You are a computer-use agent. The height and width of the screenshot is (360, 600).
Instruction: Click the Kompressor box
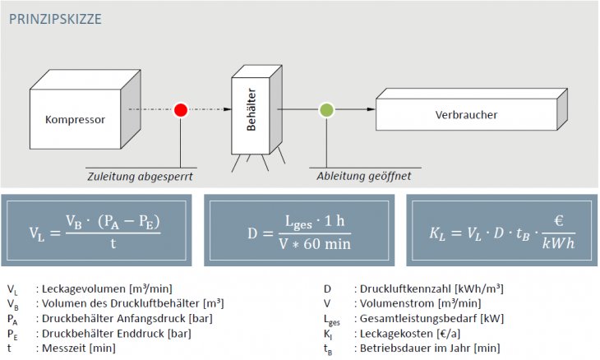click(75, 120)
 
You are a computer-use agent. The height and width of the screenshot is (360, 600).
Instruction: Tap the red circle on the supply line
click(180, 110)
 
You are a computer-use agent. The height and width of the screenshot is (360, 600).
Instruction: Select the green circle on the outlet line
click(326, 109)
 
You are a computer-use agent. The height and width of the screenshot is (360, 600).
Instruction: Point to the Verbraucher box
click(466, 115)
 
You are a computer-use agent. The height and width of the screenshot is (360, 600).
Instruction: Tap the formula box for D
click(299, 231)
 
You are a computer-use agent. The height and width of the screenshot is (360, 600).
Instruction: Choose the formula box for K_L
click(501, 231)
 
